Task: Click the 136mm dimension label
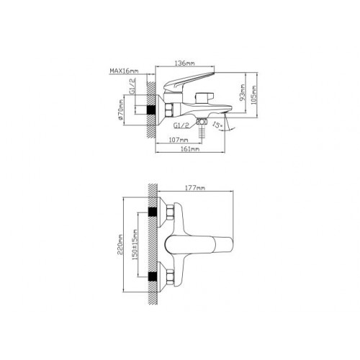pyautogui.click(x=184, y=63)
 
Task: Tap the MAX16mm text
pyautogui.click(x=124, y=71)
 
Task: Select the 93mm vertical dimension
pyautogui.click(x=243, y=92)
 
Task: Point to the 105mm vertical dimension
pyautogui.click(x=254, y=94)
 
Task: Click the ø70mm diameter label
pyautogui.click(x=120, y=110)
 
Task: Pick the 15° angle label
pyautogui.click(x=217, y=125)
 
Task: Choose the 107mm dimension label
pyautogui.click(x=179, y=140)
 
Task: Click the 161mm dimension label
pyautogui.click(x=189, y=149)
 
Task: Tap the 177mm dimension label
pyautogui.click(x=195, y=188)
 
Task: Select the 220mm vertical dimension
pyautogui.click(x=120, y=245)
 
